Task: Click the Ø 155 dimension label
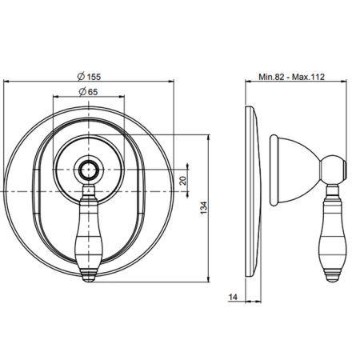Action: (x=89, y=77)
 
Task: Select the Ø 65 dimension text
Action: (x=89, y=92)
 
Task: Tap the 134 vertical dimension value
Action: (x=203, y=208)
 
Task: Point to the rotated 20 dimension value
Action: (x=183, y=181)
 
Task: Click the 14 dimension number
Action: (x=233, y=297)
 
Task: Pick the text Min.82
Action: (x=271, y=77)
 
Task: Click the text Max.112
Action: (x=308, y=77)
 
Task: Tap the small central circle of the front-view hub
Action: (x=88, y=170)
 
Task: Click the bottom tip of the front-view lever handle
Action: (x=88, y=282)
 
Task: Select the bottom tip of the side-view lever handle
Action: (x=333, y=282)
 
